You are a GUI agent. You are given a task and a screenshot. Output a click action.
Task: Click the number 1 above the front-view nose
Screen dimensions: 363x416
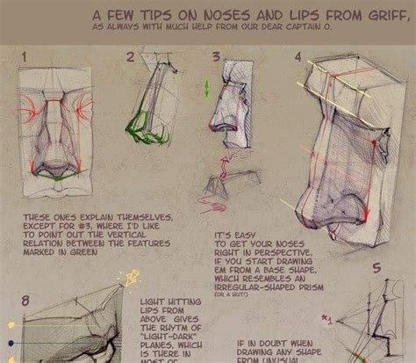click(25, 58)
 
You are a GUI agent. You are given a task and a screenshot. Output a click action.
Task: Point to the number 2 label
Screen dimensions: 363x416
click(131, 58)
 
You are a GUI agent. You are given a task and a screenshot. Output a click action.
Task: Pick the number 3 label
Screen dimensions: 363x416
click(216, 58)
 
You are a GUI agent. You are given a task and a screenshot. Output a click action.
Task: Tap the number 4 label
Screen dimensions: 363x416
click(298, 58)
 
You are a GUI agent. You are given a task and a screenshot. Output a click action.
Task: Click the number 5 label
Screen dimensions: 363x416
click(377, 269)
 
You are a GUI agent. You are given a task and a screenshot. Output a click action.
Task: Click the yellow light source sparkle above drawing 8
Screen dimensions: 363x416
click(132, 280)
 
